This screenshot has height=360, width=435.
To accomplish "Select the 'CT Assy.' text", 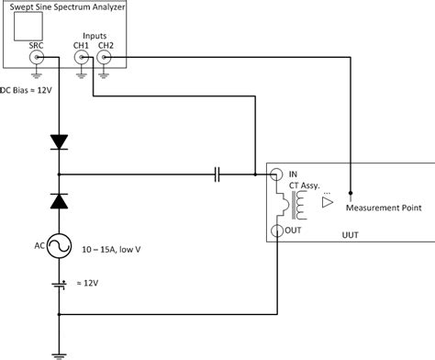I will pos(307,185).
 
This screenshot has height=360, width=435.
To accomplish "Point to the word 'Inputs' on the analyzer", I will pos(94,37).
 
